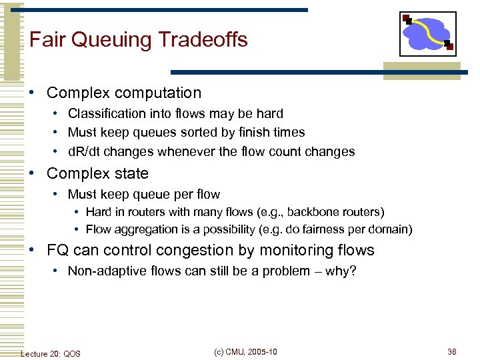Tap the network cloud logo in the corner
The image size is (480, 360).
click(x=427, y=33)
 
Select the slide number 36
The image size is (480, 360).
click(x=452, y=352)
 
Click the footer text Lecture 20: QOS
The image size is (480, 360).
click(x=51, y=353)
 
